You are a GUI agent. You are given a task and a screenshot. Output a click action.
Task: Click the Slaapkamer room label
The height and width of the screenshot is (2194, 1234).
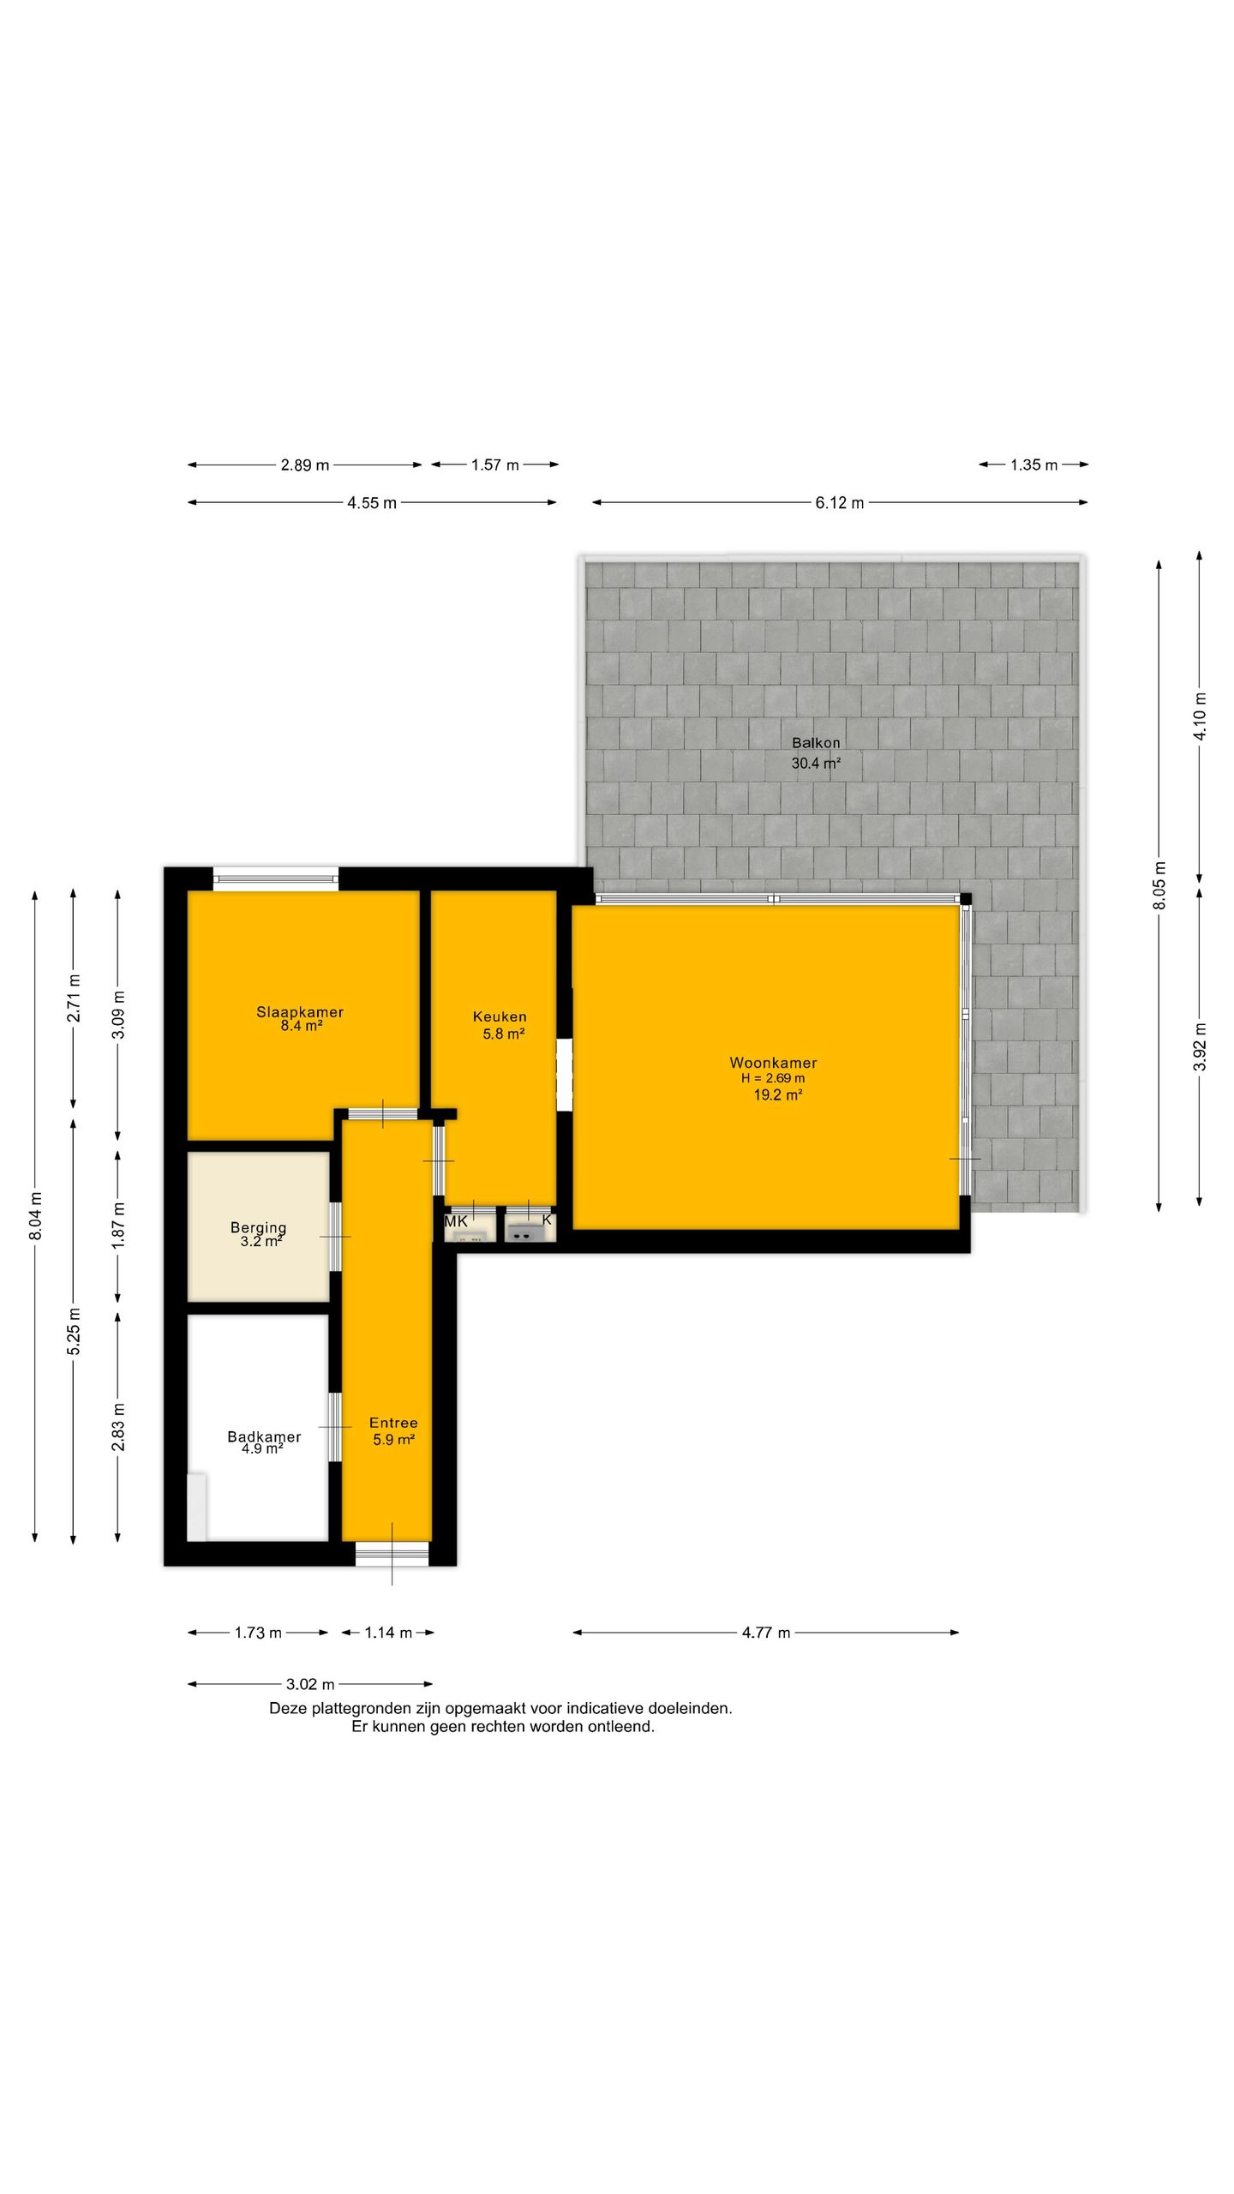300,1011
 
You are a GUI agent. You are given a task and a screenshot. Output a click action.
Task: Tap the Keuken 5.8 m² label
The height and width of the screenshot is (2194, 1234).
500,1025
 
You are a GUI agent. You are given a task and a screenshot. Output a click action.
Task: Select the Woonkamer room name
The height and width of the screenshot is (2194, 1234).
773,1063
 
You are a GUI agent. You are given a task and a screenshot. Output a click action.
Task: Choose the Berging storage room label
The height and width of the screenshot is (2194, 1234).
258,1228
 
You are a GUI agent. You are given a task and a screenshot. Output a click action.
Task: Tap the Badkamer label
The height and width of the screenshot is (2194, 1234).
264,1437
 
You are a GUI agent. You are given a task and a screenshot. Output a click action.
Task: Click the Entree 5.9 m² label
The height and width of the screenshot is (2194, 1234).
393,1431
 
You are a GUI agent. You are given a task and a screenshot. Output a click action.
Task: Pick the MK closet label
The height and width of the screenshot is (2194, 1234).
456,1221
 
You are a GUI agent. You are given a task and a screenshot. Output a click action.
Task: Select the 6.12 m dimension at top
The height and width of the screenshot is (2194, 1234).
839,503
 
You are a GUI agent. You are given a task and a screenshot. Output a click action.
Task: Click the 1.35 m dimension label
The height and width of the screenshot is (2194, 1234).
1033,465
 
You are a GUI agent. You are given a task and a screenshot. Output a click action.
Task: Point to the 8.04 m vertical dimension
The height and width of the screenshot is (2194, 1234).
35,1215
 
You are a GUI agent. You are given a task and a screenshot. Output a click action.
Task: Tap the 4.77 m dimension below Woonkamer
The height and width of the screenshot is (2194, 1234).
765,1633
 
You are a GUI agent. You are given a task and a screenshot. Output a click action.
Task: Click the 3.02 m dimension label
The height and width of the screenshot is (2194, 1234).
309,1685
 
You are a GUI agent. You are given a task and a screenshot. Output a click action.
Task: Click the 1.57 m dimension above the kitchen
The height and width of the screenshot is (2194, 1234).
494,465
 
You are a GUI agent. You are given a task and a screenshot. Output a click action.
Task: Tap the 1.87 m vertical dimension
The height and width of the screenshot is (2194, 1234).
118,1225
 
